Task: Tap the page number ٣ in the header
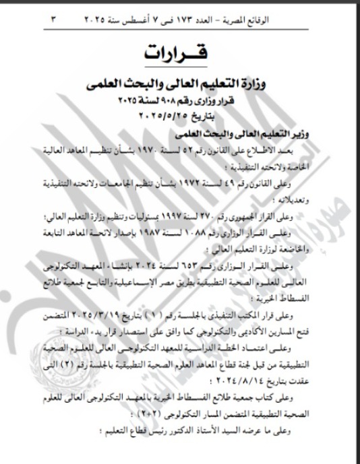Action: click(53, 21)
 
